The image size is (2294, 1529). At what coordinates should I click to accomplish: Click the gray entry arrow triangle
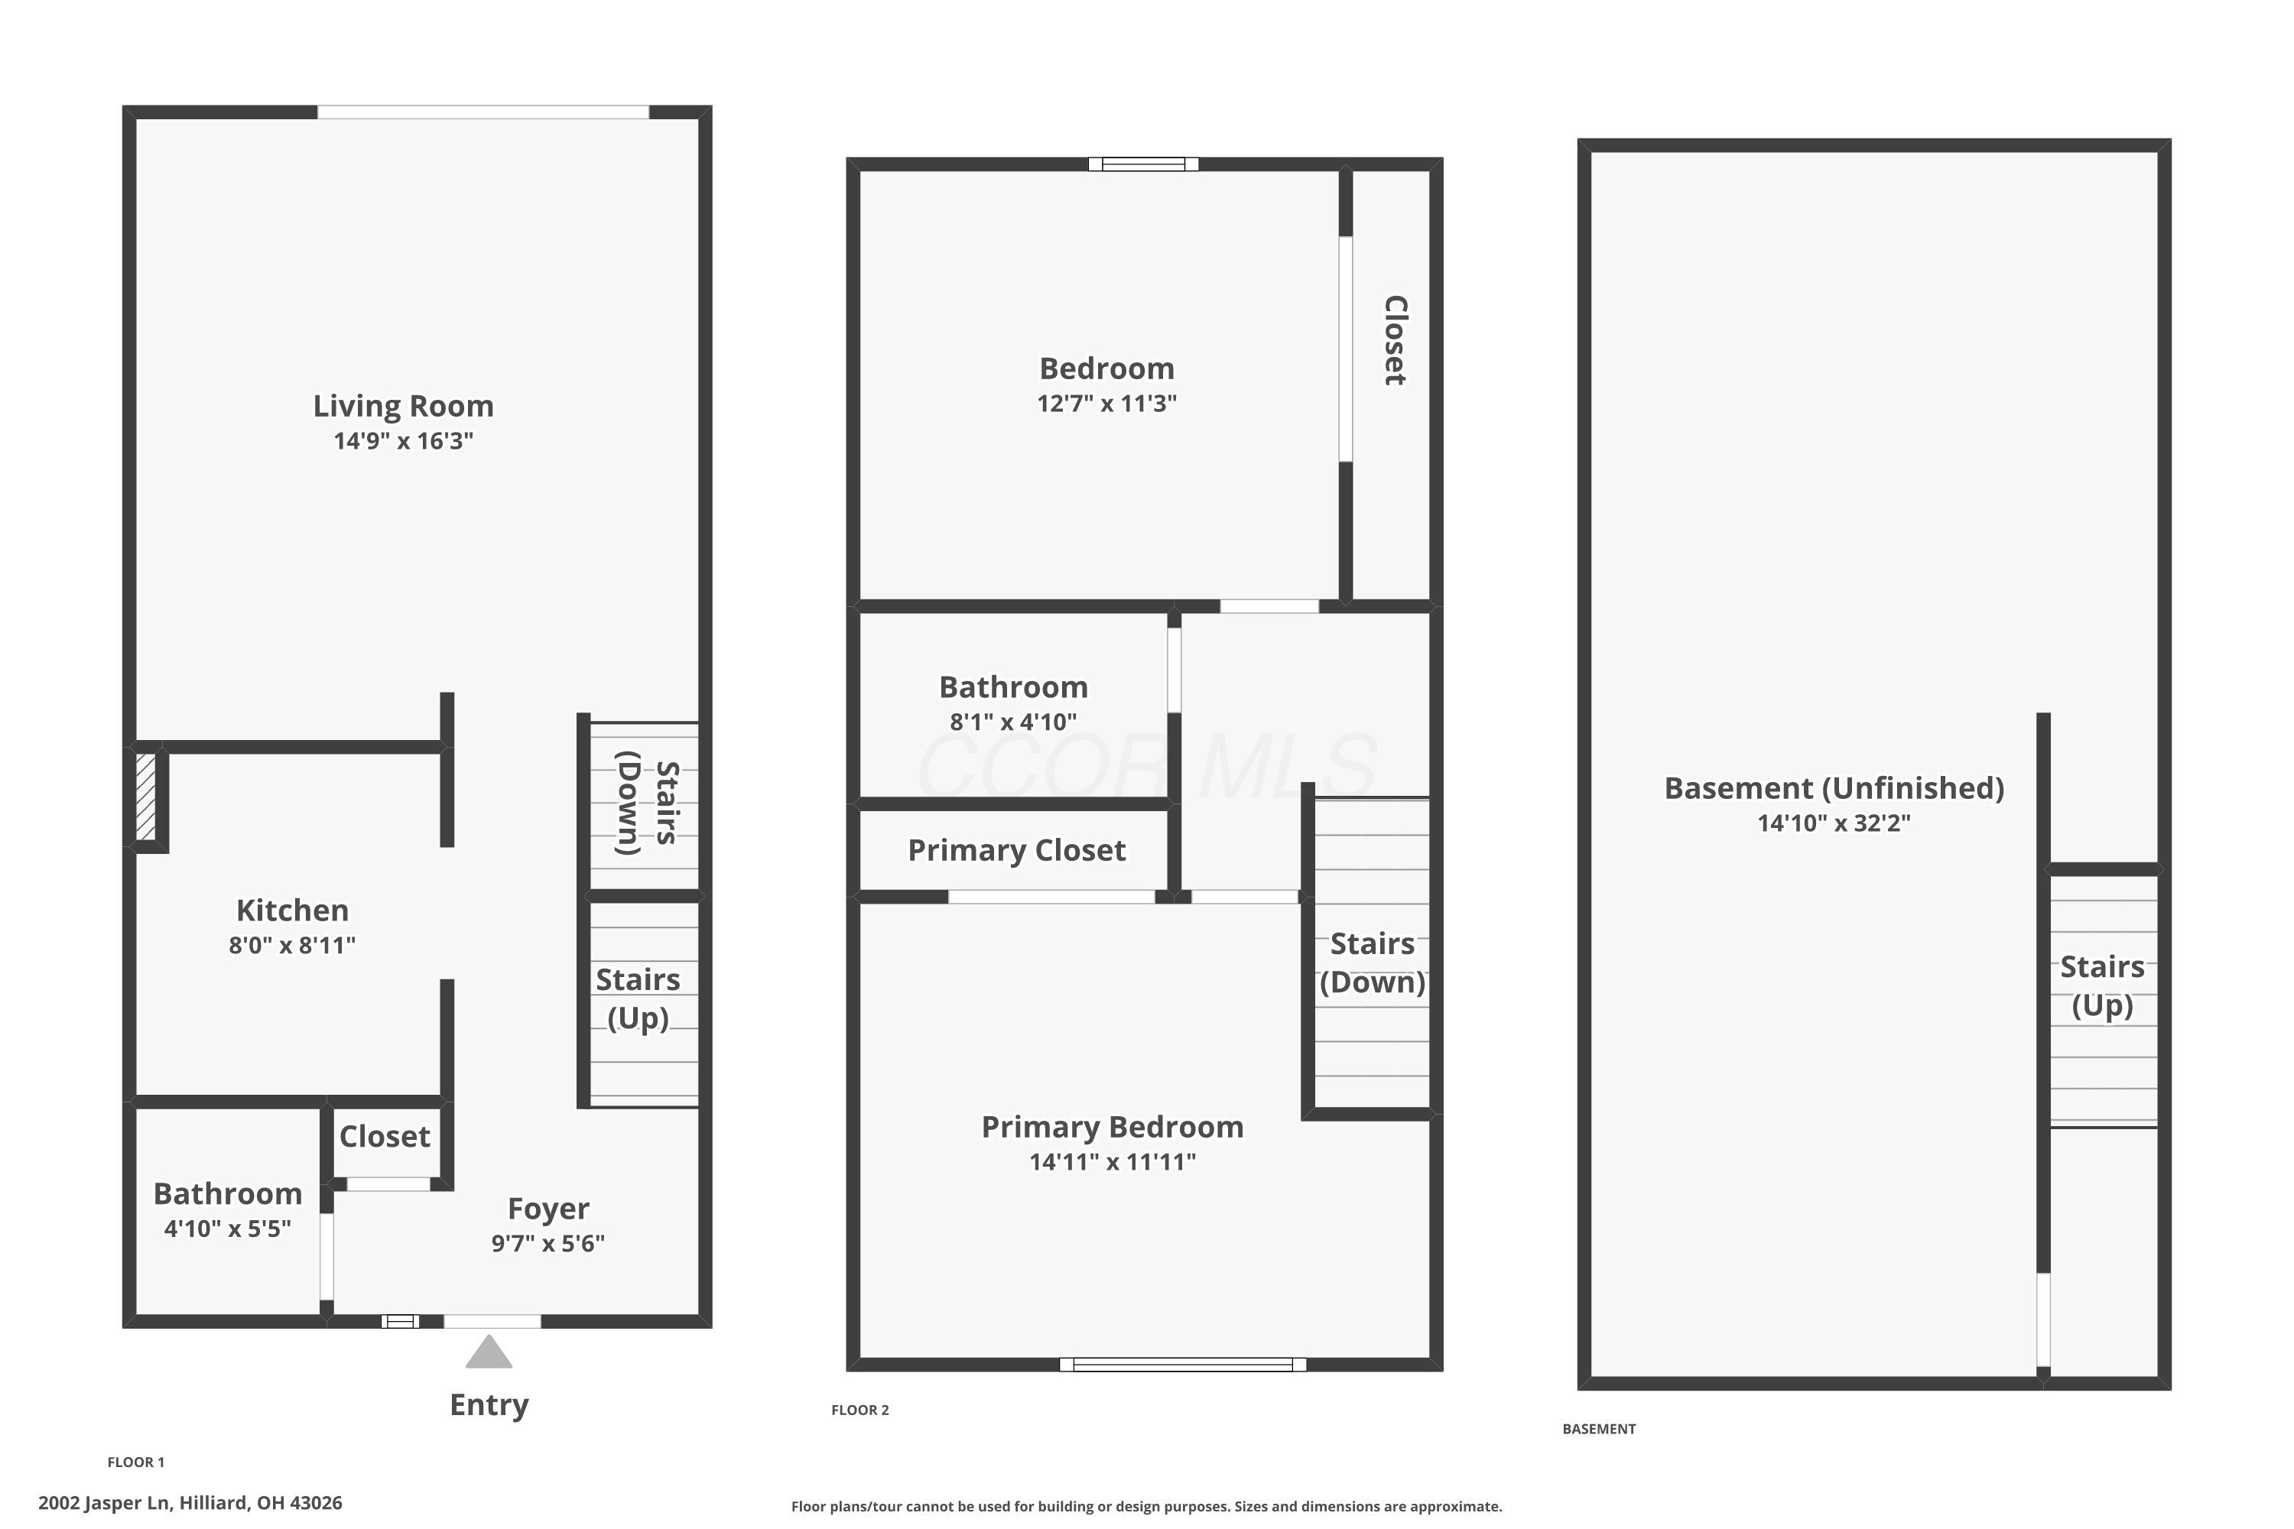[489, 1353]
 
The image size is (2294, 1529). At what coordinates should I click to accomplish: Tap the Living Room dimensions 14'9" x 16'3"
[403, 441]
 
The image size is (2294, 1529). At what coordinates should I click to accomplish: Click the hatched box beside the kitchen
[145, 796]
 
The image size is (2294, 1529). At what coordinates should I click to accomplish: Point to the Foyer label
[548, 1208]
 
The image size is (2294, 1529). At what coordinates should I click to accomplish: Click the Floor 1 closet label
[385, 1136]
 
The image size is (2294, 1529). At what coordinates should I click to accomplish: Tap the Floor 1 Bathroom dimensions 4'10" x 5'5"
[227, 1229]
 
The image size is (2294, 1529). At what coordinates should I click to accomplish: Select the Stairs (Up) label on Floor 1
[638, 998]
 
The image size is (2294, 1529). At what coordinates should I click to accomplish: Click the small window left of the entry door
[400, 1321]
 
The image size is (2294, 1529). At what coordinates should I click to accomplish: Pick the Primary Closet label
[1016, 850]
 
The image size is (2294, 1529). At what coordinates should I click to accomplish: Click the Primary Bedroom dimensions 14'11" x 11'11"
[1112, 1161]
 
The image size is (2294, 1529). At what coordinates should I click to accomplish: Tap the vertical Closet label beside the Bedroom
[1396, 340]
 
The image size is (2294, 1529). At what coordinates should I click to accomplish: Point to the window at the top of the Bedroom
[1143, 164]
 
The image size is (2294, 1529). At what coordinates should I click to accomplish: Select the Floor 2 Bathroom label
[1013, 687]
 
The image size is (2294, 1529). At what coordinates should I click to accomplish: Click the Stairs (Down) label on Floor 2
[1373, 963]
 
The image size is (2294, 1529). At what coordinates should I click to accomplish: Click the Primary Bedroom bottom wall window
[1182, 1364]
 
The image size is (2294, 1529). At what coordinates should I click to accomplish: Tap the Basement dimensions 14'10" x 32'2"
[1834, 823]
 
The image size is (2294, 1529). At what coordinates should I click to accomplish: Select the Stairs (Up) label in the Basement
[2102, 986]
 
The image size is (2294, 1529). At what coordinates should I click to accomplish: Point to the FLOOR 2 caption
[859, 1410]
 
